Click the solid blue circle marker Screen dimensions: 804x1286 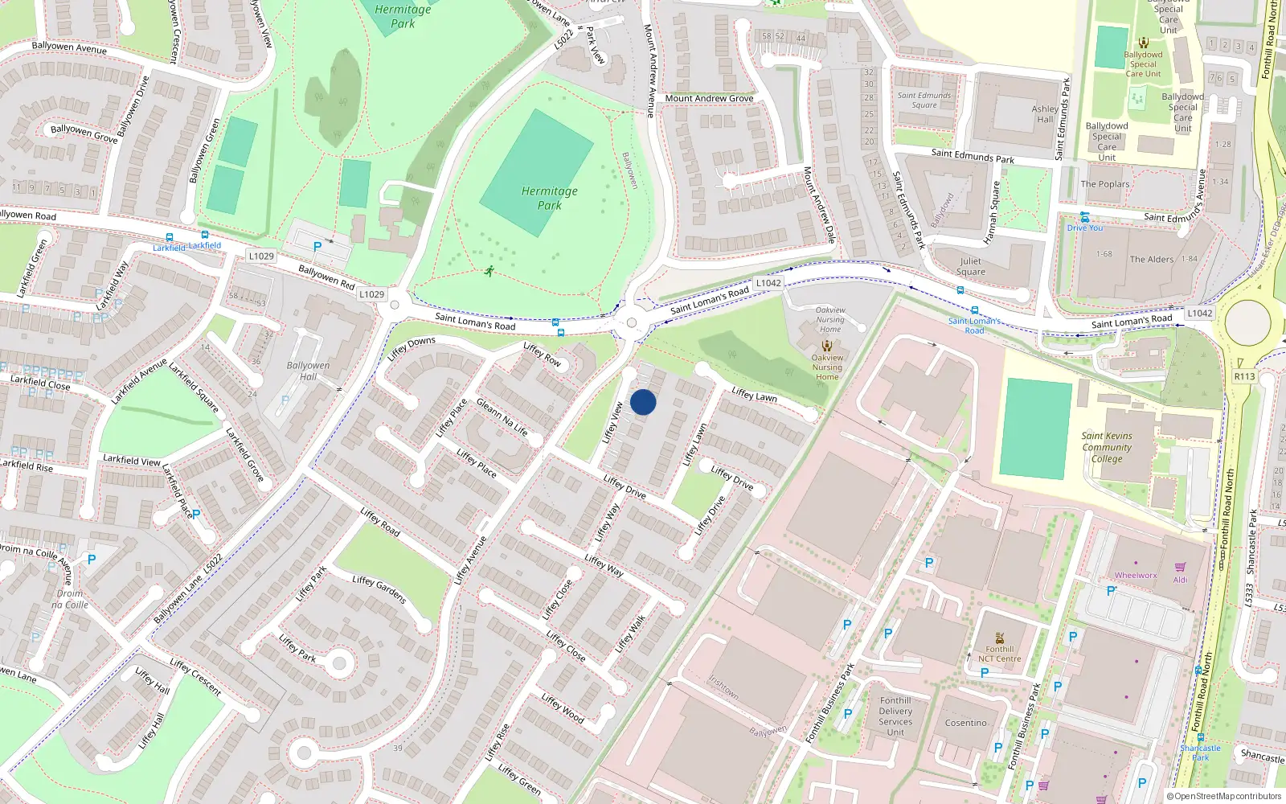643,402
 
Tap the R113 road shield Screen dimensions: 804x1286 1244,376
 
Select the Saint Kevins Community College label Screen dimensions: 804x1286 1107,447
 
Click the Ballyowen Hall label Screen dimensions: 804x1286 308,371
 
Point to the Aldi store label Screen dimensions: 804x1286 1180,580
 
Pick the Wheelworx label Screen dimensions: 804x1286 1136,575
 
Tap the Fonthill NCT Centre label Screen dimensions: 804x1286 999,654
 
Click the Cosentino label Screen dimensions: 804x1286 965,723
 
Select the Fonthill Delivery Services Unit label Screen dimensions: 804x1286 895,716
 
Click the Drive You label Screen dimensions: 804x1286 1085,228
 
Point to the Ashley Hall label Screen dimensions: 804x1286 1045,114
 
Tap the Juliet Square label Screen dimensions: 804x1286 970,266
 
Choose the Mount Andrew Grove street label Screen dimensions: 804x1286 709,98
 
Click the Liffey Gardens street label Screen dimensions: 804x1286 379,589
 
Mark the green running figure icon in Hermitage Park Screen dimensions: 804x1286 489,271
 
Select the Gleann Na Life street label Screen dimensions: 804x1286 502,416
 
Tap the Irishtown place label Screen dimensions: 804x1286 723,686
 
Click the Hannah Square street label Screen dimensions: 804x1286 992,212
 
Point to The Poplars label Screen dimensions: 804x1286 1104,184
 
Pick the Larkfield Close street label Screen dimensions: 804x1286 40,383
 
